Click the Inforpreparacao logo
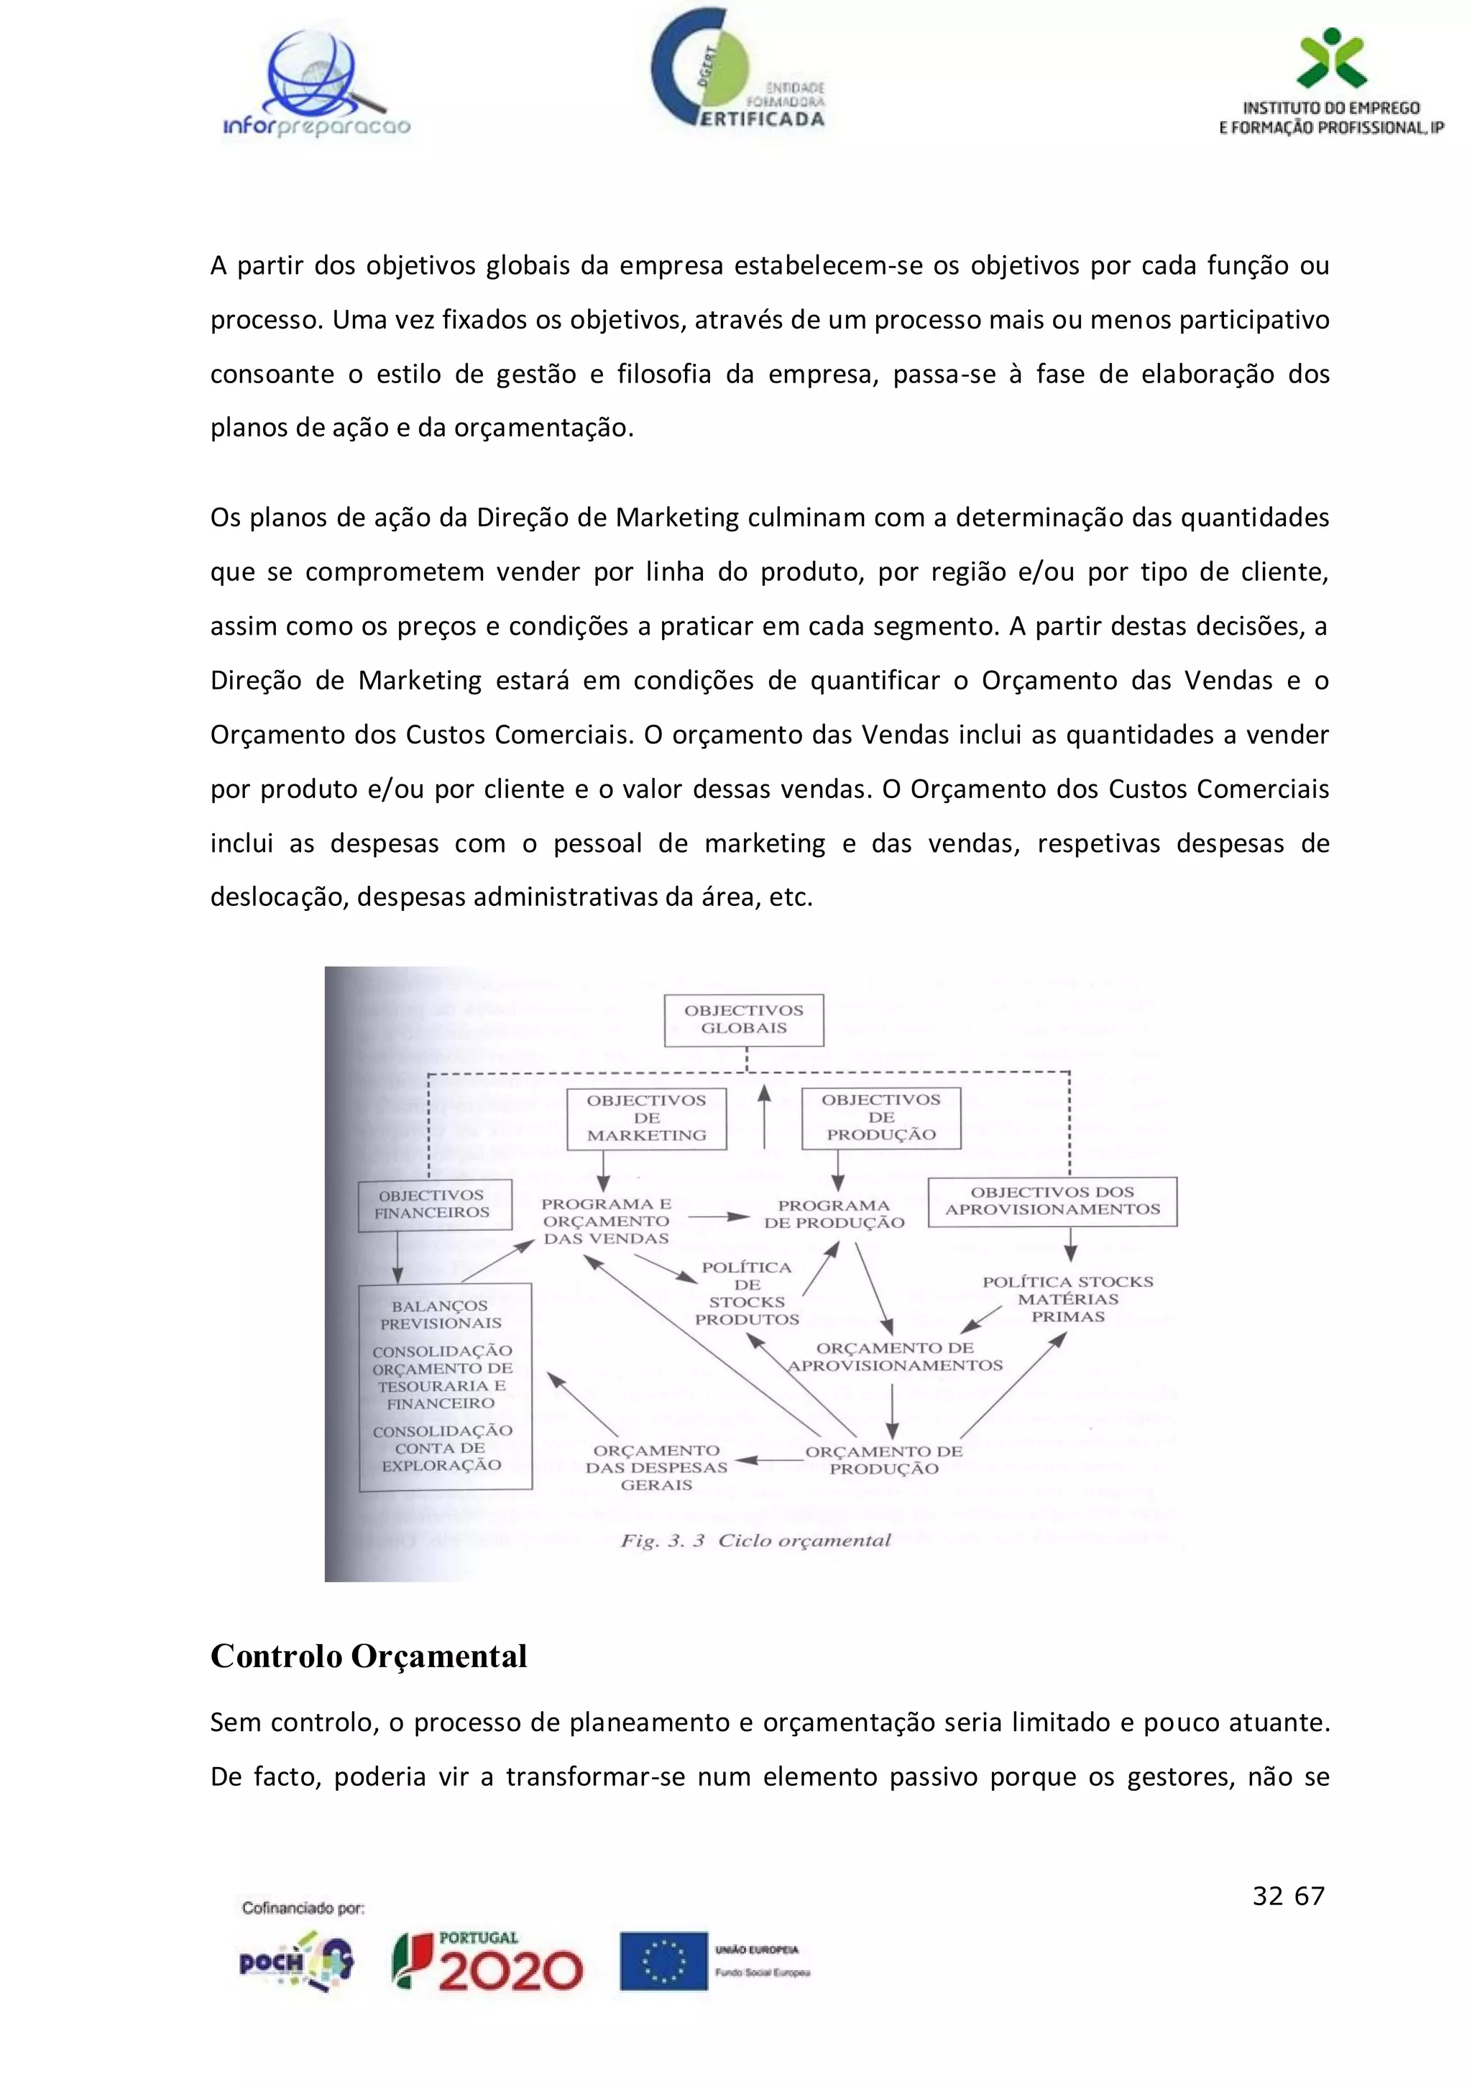(x=316, y=86)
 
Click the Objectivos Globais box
(x=743, y=1019)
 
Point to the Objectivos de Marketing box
(x=646, y=1118)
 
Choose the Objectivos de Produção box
(x=880, y=1117)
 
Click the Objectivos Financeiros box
(x=433, y=1204)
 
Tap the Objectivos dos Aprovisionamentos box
(x=1052, y=1201)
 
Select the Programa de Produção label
(x=834, y=1214)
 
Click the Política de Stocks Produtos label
(x=747, y=1293)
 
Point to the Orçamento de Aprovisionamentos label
(x=895, y=1357)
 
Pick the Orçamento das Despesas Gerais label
(x=656, y=1467)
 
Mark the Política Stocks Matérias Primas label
(x=1068, y=1298)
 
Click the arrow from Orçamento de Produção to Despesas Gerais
(x=767, y=1460)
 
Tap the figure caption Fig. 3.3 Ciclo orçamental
(x=755, y=1541)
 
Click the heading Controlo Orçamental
(x=368, y=1656)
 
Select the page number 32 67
(x=1288, y=1896)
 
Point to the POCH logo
(x=295, y=1961)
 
